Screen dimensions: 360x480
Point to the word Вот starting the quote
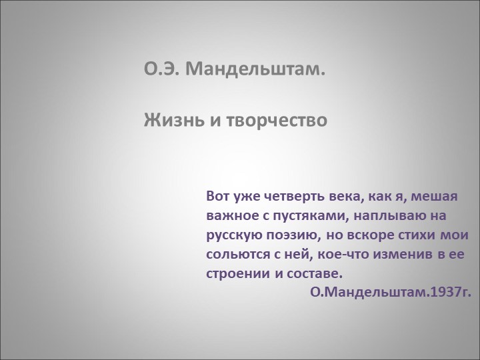(x=218, y=197)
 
